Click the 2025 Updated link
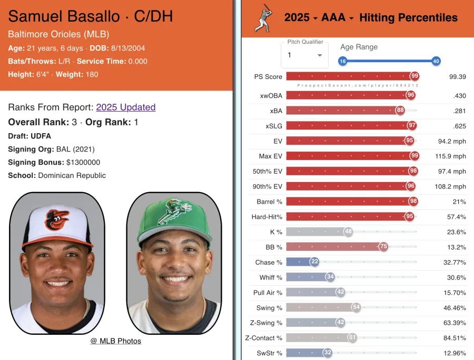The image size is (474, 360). (x=125, y=107)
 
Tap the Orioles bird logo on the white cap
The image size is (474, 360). (x=57, y=219)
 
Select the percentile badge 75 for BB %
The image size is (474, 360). (x=383, y=247)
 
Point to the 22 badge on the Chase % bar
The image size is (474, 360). (x=314, y=262)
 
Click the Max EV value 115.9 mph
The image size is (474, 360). (x=451, y=156)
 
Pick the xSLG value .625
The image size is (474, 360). (x=457, y=126)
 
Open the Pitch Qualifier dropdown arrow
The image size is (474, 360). (x=320, y=55)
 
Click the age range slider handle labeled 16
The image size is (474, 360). (x=342, y=61)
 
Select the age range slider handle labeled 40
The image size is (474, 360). (x=436, y=61)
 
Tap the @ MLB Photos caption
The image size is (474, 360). (x=116, y=341)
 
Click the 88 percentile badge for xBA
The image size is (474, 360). (x=400, y=110)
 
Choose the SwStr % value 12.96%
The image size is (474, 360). (x=453, y=353)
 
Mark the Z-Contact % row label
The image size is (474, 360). (x=264, y=338)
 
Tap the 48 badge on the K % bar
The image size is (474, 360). (x=348, y=232)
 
